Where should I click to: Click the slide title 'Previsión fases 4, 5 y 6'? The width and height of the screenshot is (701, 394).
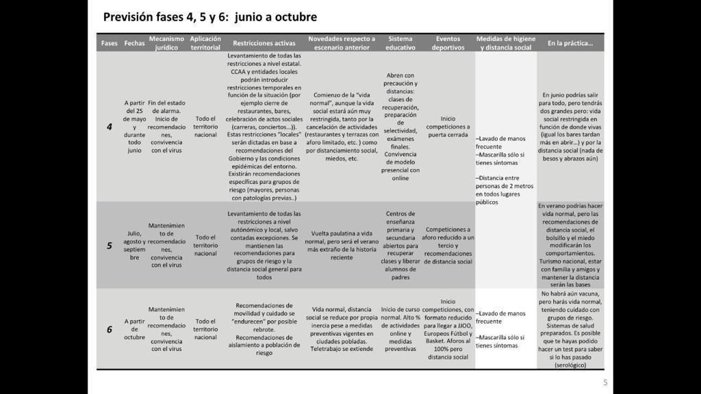pyautogui.click(x=209, y=17)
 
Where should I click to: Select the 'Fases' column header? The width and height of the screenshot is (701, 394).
pyautogui.click(x=110, y=43)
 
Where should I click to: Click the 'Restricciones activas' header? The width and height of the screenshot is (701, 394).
pyautogui.click(x=264, y=43)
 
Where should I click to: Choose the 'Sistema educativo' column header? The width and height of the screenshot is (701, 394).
pyautogui.click(x=400, y=43)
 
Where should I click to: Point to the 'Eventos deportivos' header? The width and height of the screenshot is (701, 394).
pyautogui.click(x=448, y=43)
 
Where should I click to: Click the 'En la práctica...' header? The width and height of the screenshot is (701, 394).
pyautogui.click(x=570, y=43)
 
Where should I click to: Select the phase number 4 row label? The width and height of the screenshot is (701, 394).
pyautogui.click(x=110, y=127)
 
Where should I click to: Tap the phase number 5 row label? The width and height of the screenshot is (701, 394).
pyautogui.click(x=110, y=246)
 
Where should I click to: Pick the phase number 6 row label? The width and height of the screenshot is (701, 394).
pyautogui.click(x=110, y=329)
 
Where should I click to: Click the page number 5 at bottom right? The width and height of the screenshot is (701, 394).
pyautogui.click(x=604, y=382)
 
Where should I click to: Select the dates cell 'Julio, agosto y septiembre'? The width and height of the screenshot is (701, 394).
pyautogui.click(x=134, y=246)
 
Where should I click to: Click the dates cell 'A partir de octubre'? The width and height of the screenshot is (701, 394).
pyautogui.click(x=135, y=329)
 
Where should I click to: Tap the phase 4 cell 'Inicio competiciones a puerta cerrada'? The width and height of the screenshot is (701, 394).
pyautogui.click(x=448, y=127)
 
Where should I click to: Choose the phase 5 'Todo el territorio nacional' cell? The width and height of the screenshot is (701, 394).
pyautogui.click(x=205, y=246)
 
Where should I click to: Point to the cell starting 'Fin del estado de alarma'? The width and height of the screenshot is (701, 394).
pyautogui.click(x=166, y=127)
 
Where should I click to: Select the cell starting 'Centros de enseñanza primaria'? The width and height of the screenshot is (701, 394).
pyautogui.click(x=400, y=245)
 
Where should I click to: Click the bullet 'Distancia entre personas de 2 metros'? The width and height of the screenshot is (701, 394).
pyautogui.click(x=505, y=189)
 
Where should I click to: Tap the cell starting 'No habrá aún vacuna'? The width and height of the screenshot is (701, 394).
pyautogui.click(x=570, y=329)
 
